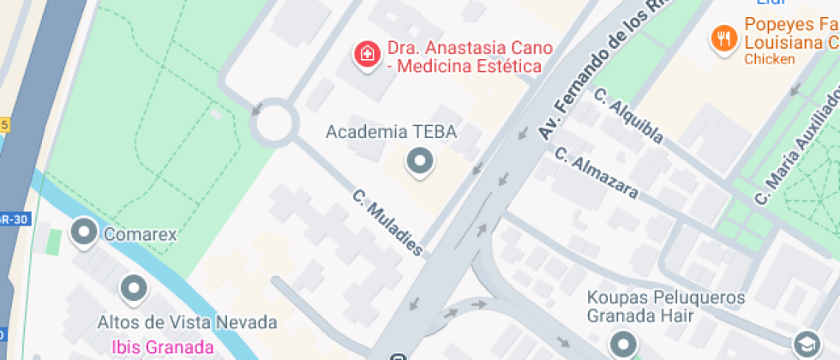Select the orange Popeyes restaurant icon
click(x=724, y=37)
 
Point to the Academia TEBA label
click(x=392, y=132)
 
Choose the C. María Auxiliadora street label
click(x=797, y=146)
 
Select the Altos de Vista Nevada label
click(x=187, y=323)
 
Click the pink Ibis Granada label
click(x=163, y=347)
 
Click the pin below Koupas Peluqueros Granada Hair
click(x=622, y=345)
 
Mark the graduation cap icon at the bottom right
click(x=807, y=343)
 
